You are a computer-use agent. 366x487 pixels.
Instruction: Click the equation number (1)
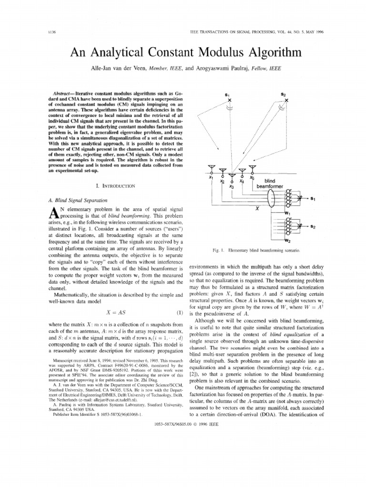180,312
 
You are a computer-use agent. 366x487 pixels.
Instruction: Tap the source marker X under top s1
229,101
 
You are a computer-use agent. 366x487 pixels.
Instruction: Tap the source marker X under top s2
286,101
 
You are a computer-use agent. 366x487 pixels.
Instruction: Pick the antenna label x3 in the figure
231,186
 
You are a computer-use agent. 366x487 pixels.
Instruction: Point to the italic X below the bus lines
257,208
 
